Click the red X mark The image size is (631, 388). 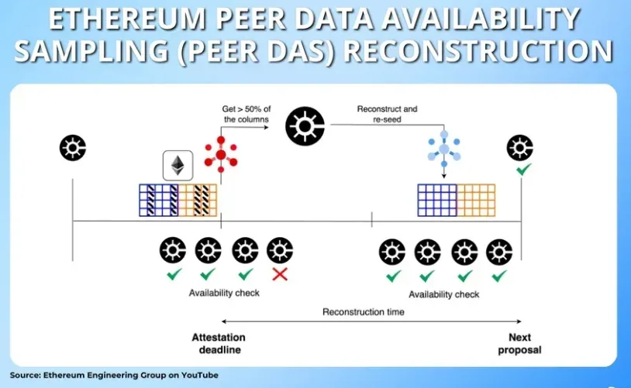tap(279, 274)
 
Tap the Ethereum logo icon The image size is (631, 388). tap(177, 167)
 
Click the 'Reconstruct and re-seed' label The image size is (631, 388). tap(387, 115)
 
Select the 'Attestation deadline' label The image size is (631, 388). tap(219, 344)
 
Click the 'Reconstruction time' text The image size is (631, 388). tap(364, 313)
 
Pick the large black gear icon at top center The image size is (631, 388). tap(305, 126)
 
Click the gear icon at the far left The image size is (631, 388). tap(73, 147)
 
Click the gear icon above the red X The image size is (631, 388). tap(280, 250)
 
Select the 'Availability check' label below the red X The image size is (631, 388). tap(224, 294)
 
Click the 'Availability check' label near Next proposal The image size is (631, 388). tap(444, 294)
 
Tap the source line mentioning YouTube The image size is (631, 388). tap(114, 375)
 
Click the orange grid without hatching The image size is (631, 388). tap(476, 200)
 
